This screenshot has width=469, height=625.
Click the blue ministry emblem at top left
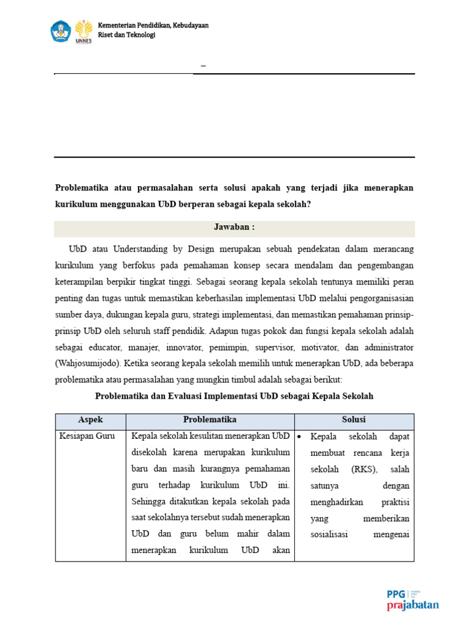tap(61, 30)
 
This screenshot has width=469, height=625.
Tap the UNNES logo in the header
tap(83, 31)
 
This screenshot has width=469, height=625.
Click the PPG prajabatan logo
tap(413, 600)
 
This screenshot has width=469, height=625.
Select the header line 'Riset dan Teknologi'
tap(126, 35)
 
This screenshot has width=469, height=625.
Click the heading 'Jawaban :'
tap(234, 227)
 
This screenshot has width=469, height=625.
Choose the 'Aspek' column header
tap(90, 420)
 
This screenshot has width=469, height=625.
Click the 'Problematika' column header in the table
tap(209, 420)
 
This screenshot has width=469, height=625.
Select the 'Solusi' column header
tap(354, 420)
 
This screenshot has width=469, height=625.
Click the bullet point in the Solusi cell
tap(300, 437)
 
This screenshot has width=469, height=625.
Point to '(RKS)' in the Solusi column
tap(363, 469)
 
